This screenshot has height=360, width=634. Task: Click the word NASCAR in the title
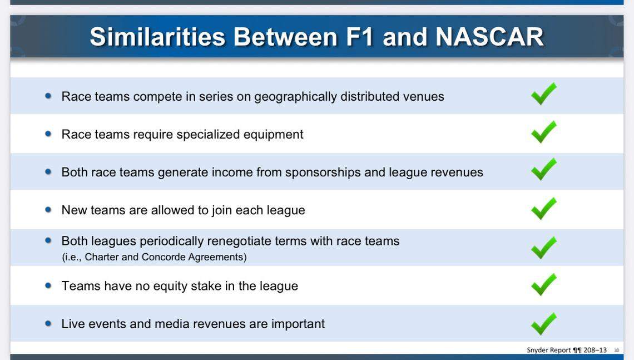click(489, 37)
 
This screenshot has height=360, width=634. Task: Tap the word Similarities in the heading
click(157, 37)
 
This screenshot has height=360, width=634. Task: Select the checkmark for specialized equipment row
click(543, 132)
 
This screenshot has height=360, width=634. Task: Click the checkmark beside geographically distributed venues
click(543, 94)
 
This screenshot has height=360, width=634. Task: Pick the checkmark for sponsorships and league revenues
click(543, 170)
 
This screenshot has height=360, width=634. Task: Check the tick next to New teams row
click(543, 209)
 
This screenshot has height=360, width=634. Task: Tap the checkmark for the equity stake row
click(543, 284)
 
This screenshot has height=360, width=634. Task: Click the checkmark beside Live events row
click(543, 323)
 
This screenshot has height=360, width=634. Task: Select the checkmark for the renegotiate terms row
click(543, 248)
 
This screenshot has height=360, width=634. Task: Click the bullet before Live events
click(48, 323)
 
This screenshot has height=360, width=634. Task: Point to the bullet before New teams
click(48, 210)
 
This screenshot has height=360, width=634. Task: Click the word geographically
click(295, 97)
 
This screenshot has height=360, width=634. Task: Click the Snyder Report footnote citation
click(566, 350)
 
